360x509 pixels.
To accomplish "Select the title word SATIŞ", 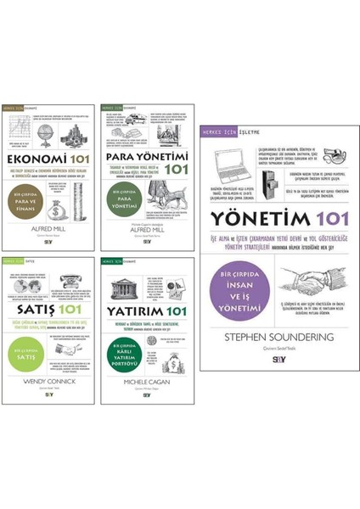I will point(30,308).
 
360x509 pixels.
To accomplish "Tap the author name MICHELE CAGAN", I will point(144,384).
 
